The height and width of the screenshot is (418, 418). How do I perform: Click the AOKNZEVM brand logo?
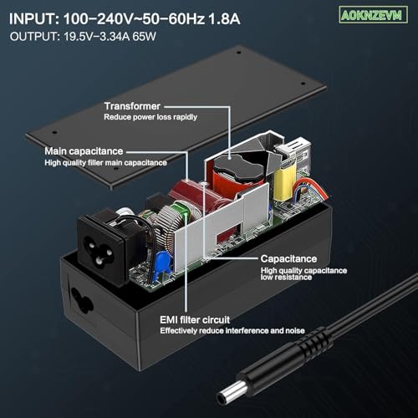[373, 15]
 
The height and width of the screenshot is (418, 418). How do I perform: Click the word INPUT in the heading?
[34, 19]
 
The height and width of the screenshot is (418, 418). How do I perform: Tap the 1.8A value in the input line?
[224, 19]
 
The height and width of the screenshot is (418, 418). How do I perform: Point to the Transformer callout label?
[132, 106]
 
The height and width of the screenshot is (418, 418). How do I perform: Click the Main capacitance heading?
[84, 151]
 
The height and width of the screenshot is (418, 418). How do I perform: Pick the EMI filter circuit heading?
[195, 319]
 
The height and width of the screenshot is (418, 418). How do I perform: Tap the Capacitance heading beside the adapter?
[288, 258]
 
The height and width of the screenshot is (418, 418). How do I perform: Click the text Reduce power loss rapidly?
[150, 117]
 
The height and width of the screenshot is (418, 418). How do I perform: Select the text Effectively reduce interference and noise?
[232, 331]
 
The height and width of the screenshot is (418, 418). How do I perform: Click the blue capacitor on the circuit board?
[162, 262]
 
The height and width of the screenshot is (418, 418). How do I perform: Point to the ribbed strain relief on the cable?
[312, 344]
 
